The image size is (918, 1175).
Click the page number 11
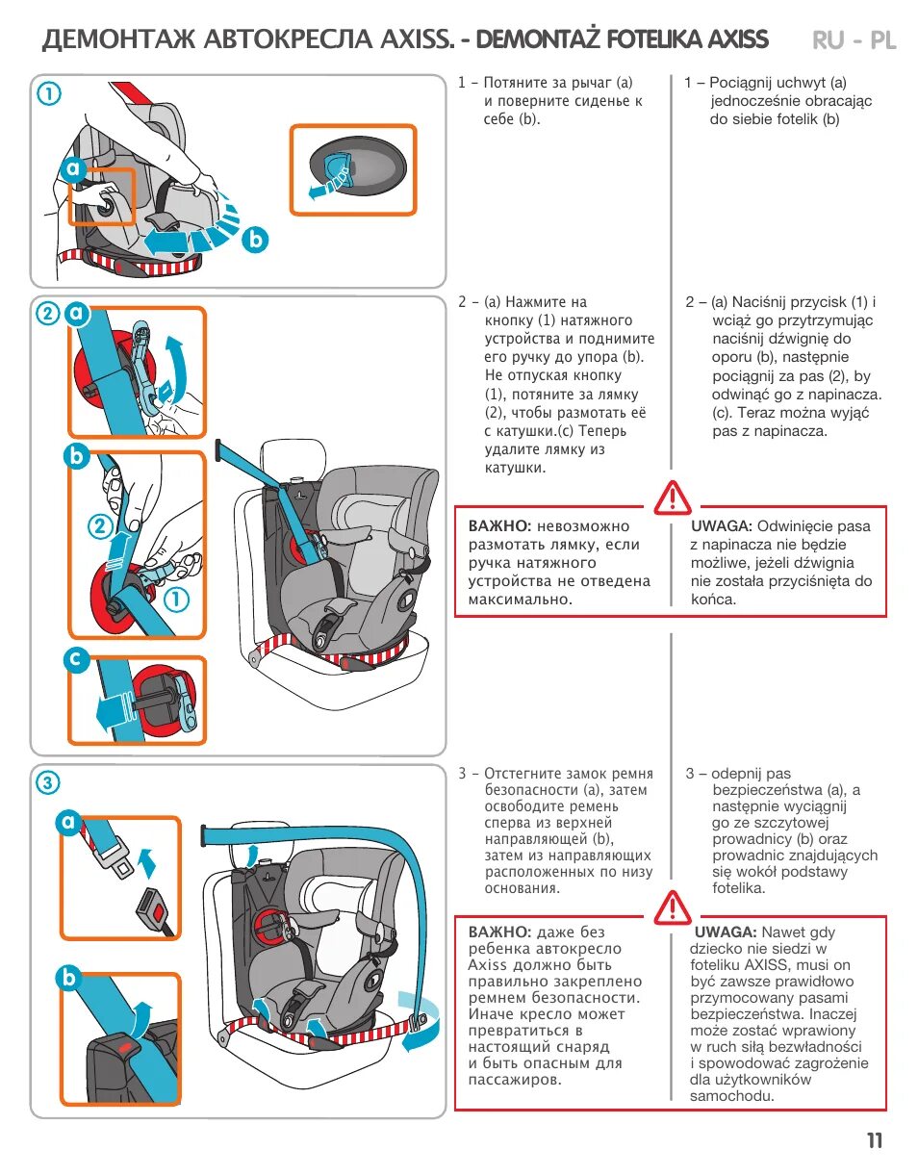tap(874, 1141)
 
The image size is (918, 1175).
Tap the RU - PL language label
tap(854, 39)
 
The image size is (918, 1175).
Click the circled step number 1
tap(49, 93)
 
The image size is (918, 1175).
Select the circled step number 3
tap(48, 782)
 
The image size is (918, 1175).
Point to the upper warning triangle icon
tap(672, 497)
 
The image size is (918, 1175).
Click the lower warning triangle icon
tap(672, 907)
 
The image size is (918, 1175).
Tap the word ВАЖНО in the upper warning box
tap(499, 526)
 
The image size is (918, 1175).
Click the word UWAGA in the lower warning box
tap(725, 932)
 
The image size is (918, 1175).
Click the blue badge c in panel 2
tap(78, 661)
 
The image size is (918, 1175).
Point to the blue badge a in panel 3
tap(69, 823)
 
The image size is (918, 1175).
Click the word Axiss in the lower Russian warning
tap(487, 965)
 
